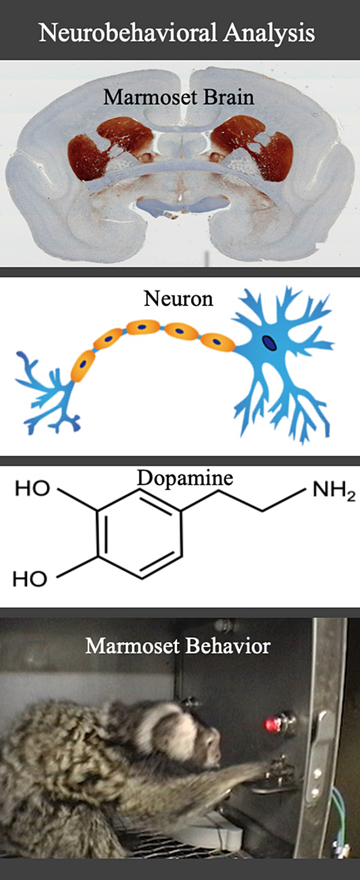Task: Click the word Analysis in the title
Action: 269,33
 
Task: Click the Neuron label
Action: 179,298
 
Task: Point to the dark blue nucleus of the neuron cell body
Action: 269,342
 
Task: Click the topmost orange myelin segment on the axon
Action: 143,326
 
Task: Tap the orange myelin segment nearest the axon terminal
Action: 83,366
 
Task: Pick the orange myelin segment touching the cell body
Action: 217,342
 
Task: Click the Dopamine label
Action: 185,478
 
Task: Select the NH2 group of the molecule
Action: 334,492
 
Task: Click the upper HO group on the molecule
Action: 33,489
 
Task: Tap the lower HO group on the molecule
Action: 30,579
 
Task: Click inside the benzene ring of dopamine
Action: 139,533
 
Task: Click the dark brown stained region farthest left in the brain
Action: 87,158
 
